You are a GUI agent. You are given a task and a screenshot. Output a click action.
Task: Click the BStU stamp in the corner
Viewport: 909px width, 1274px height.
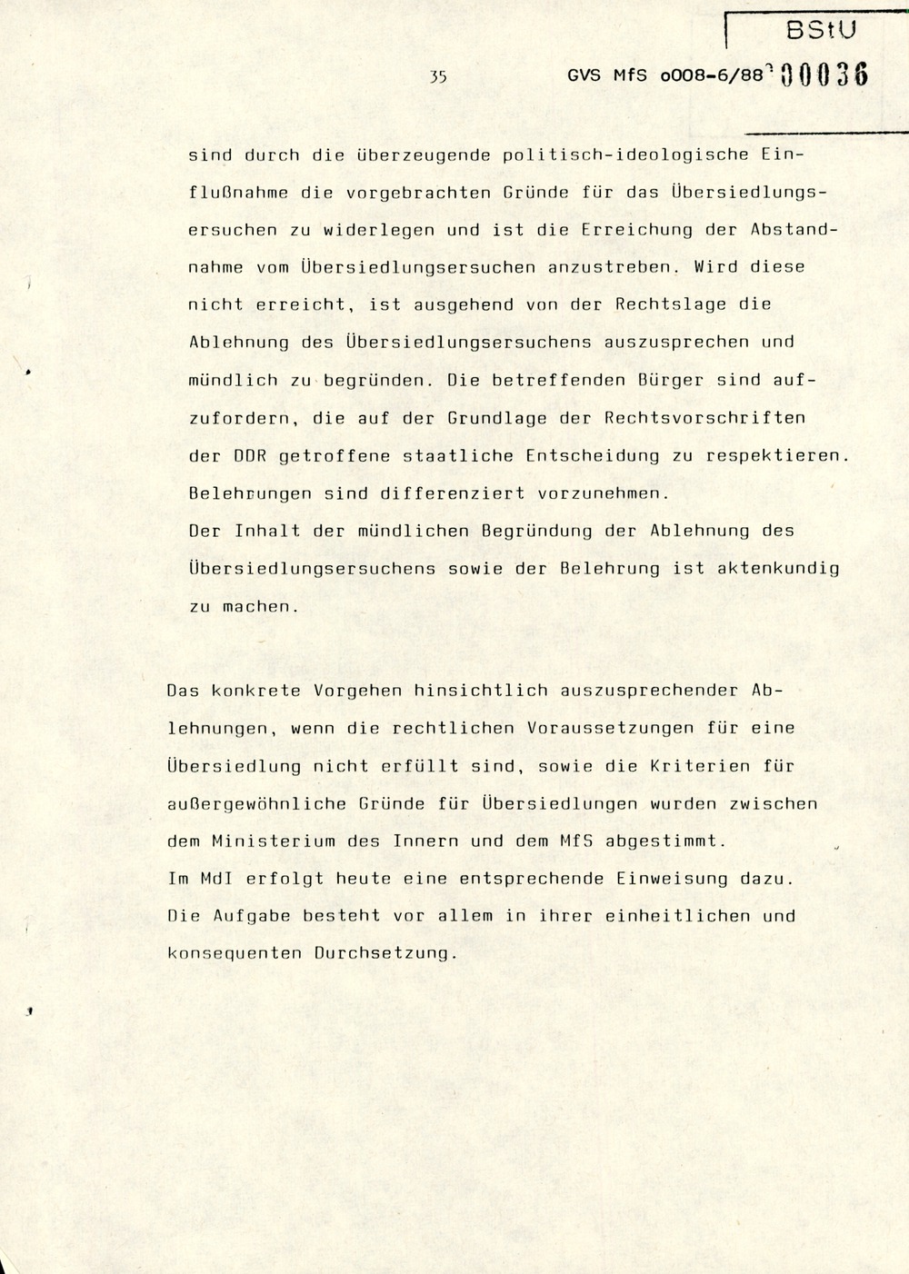pos(820,30)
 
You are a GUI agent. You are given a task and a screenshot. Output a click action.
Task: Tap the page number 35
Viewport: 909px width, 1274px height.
pos(438,77)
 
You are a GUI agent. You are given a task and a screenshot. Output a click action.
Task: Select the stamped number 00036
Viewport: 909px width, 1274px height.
pos(824,75)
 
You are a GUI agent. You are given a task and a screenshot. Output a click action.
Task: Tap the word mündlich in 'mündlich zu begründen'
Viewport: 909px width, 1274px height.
pos(233,380)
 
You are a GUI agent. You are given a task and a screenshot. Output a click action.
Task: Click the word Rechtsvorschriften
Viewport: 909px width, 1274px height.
pos(704,418)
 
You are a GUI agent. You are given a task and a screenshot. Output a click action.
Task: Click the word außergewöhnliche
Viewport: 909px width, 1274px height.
pos(257,804)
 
